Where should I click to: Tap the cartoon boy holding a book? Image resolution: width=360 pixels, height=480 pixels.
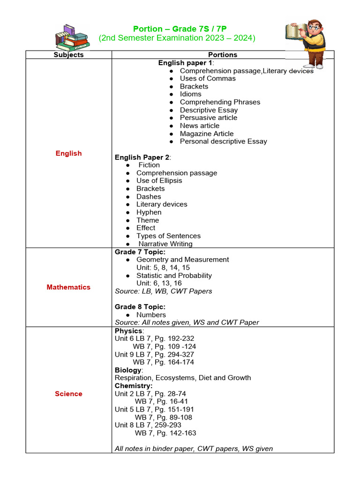[x=307, y=43]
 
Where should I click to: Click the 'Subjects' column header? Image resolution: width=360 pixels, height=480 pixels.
[x=68, y=55]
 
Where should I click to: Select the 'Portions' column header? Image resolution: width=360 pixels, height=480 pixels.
[x=223, y=55]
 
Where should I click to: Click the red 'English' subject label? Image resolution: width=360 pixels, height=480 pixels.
[x=68, y=153]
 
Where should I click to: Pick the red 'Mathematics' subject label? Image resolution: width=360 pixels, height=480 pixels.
[x=68, y=287]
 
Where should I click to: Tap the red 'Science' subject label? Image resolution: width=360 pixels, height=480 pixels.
[x=68, y=394]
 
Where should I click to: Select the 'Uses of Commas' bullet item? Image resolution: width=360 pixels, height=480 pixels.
[x=208, y=78]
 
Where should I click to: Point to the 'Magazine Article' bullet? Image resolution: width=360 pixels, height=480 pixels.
[x=207, y=134]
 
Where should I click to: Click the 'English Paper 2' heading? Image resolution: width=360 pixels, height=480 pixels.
[x=142, y=157]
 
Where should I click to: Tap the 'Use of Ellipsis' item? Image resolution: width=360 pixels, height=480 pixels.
[x=159, y=181]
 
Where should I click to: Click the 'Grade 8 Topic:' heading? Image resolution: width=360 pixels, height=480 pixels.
[x=140, y=307]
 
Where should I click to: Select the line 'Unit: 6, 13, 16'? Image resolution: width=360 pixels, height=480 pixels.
[x=159, y=283]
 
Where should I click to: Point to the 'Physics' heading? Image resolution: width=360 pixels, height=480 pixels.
[x=128, y=331]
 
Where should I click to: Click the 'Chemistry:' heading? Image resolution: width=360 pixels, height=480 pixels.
[x=134, y=386]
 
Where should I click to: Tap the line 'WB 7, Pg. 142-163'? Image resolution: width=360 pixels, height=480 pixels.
[x=165, y=433]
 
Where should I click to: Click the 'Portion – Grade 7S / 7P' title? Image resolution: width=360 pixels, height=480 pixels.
[x=180, y=29]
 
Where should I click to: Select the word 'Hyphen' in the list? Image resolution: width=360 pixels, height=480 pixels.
[x=149, y=212]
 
